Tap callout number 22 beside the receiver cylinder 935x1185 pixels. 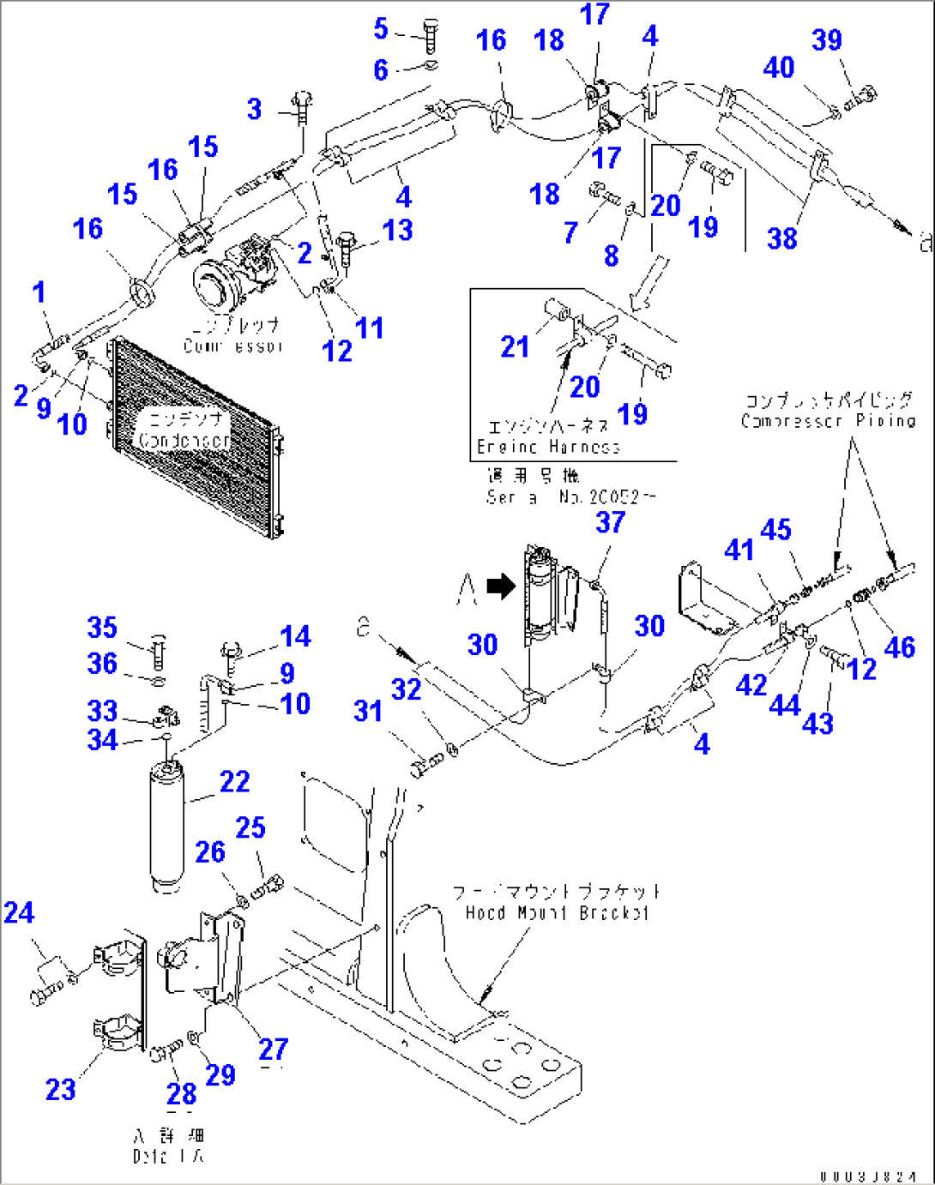click(x=234, y=781)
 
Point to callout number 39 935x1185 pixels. click(x=827, y=40)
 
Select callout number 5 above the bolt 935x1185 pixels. click(x=381, y=28)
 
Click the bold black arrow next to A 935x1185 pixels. click(x=500, y=586)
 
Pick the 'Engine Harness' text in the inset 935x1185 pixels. click(x=548, y=446)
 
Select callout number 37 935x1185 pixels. click(x=610, y=522)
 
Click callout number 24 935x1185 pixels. click(x=19, y=912)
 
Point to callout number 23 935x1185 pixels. click(x=60, y=1089)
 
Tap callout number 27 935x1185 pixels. click(x=273, y=1049)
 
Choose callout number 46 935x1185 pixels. click(x=899, y=647)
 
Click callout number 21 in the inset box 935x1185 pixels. click(x=515, y=346)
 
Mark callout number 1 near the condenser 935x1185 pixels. click(x=39, y=292)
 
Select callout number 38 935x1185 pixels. click(x=781, y=238)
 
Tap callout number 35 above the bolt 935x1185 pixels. click(x=102, y=627)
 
